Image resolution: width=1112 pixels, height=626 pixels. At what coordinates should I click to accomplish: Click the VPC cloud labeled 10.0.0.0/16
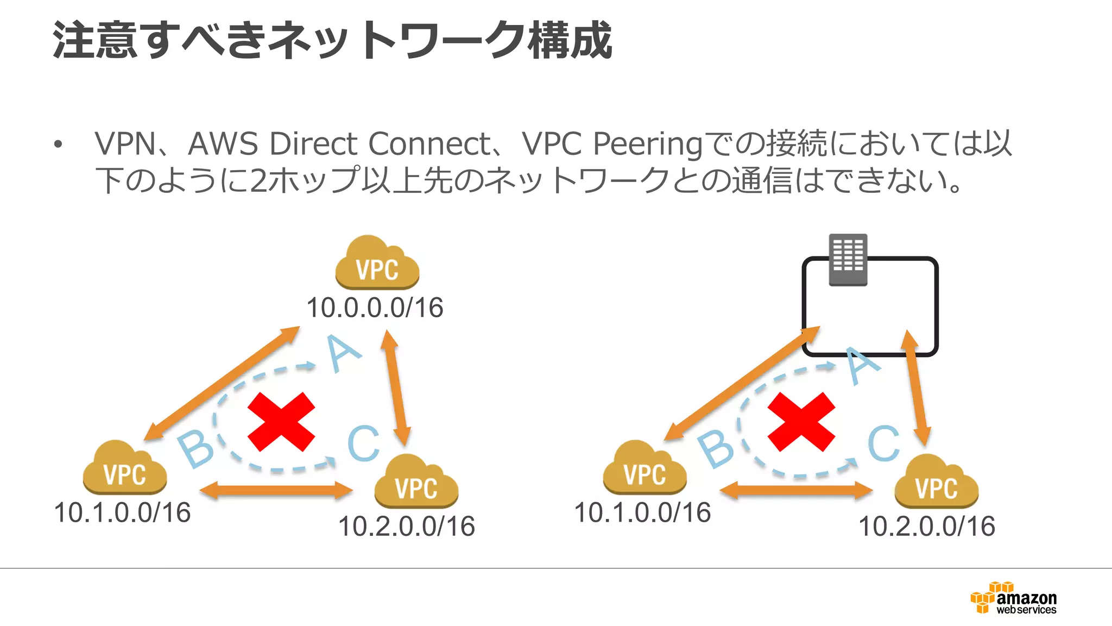point(377,264)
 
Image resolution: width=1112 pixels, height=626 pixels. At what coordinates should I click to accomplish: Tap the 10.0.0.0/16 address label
point(375,308)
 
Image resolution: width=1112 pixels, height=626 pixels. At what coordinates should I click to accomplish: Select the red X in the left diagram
point(281,422)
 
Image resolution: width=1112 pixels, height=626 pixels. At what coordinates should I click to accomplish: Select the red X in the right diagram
point(801,422)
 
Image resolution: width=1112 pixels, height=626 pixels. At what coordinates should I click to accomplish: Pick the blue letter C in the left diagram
point(363,443)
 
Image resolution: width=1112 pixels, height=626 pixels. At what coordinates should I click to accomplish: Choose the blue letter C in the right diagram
point(883,443)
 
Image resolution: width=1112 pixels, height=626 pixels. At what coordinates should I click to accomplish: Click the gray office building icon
point(848,260)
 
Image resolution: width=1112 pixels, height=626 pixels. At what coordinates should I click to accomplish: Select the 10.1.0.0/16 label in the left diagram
point(123,512)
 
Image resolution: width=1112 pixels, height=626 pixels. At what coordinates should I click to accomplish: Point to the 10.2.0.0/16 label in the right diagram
point(927,526)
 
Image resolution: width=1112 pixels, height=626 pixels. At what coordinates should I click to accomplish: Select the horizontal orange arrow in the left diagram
point(276,491)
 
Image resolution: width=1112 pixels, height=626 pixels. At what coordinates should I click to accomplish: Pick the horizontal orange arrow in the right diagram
point(796,491)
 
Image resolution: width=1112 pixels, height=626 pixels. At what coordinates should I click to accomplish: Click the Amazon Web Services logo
point(1013,598)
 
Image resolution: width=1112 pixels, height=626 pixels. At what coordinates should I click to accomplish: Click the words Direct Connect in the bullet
point(380,144)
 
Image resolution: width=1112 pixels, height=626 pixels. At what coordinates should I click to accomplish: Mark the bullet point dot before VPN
point(58,145)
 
